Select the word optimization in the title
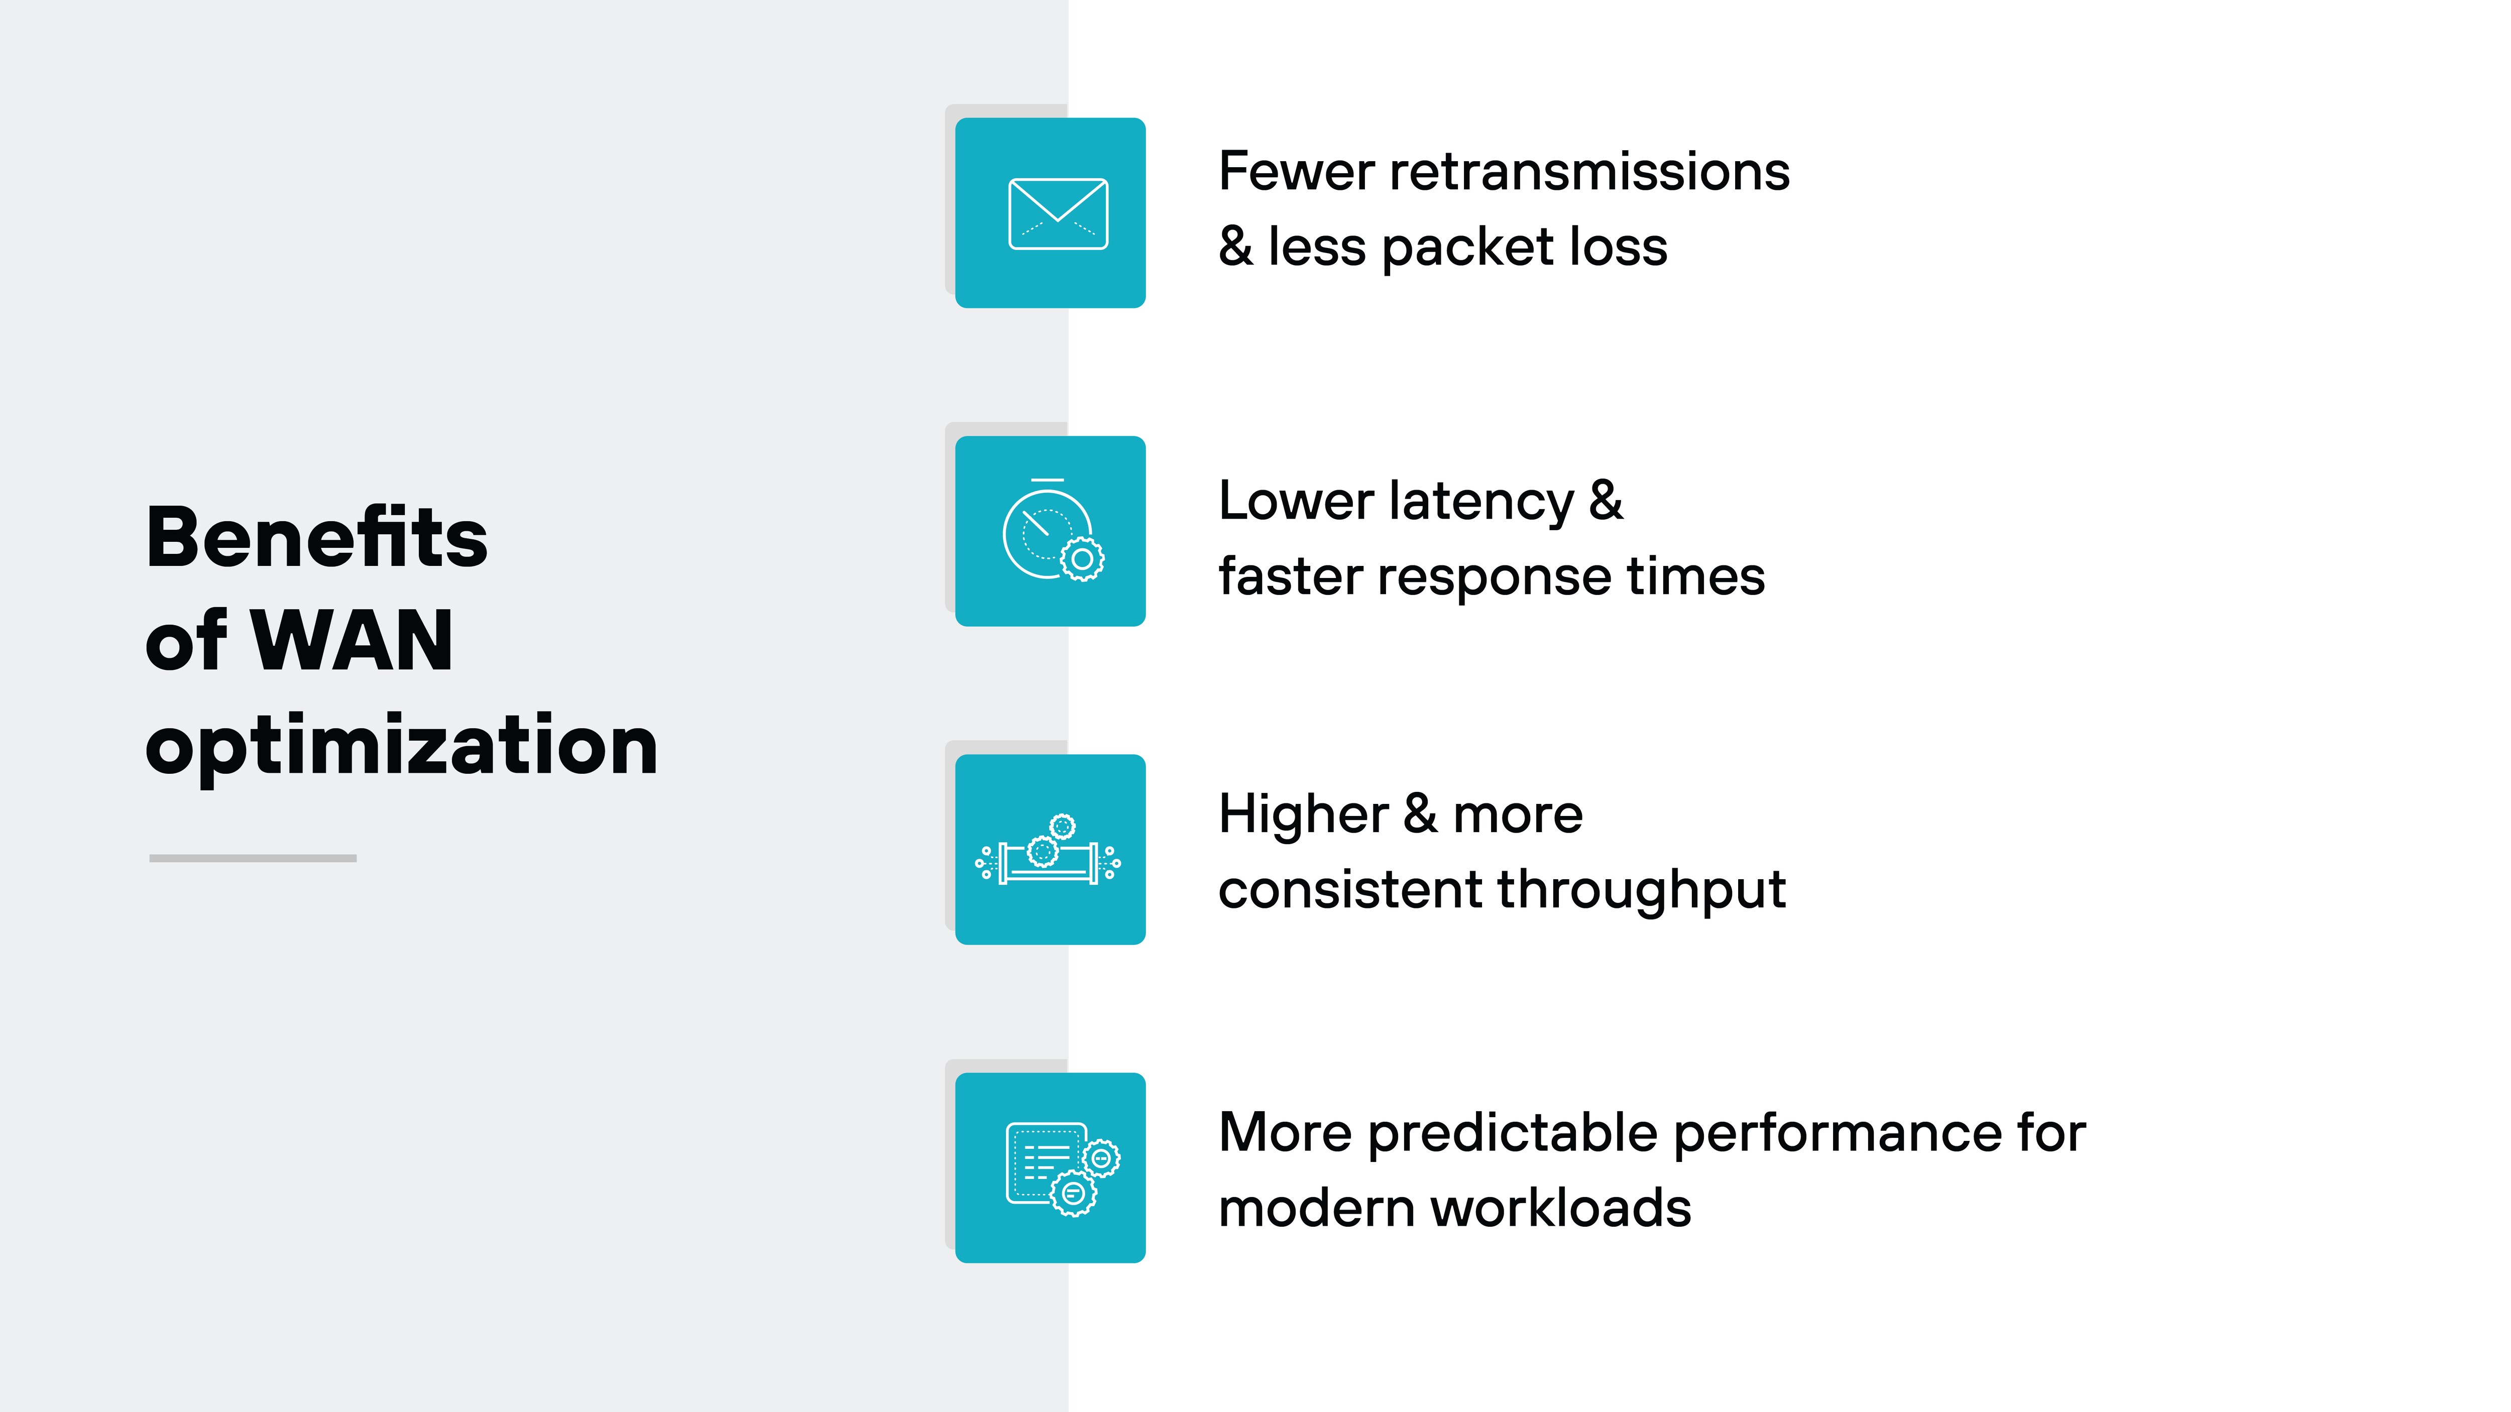[x=402, y=746]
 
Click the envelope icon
[x=1058, y=213]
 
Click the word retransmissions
[x=1589, y=172]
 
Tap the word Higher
[x=1303, y=814]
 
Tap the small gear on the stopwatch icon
[x=1082, y=559]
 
